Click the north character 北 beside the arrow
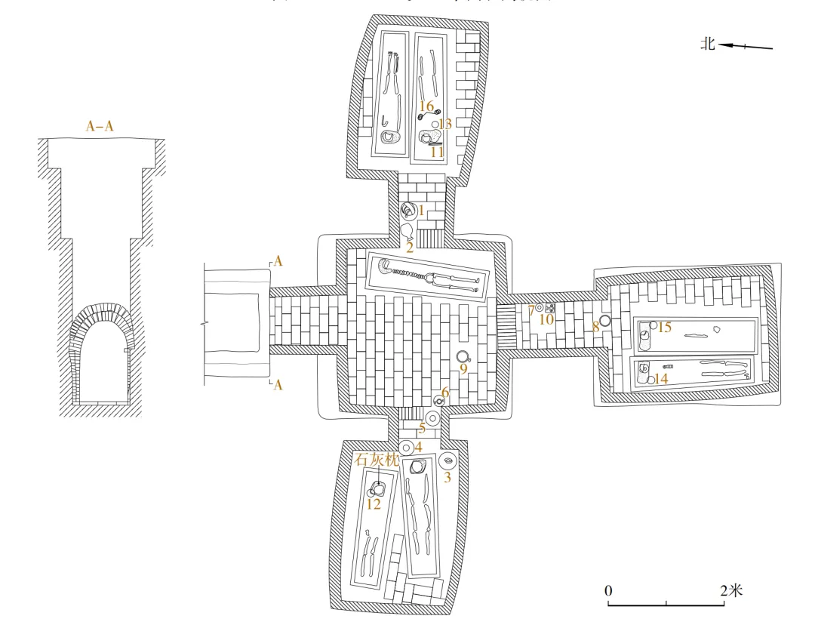pyautogui.click(x=708, y=45)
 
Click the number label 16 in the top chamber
pyautogui.click(x=426, y=106)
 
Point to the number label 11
pyautogui.click(x=436, y=152)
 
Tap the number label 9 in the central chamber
pyautogui.click(x=463, y=369)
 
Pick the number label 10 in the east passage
pyautogui.click(x=546, y=319)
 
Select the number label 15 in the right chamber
pyautogui.click(x=664, y=327)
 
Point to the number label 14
pyautogui.click(x=661, y=379)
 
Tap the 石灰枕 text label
pyautogui.click(x=375, y=458)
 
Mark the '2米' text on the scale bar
pyautogui.click(x=731, y=590)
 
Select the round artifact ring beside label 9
pyautogui.click(x=463, y=356)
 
